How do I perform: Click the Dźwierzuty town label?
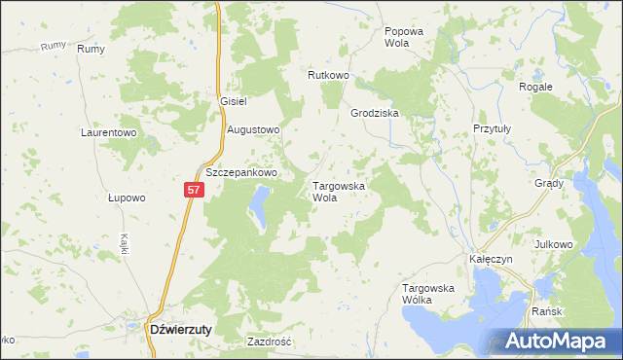click(x=180, y=329)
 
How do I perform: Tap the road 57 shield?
click(x=194, y=190)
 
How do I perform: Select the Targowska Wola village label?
click(x=338, y=191)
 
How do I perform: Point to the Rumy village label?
click(x=91, y=49)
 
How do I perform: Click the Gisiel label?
click(x=236, y=101)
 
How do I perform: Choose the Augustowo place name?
click(x=253, y=129)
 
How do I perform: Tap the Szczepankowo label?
click(x=241, y=172)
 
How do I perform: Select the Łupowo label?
click(x=127, y=198)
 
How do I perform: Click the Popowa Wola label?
click(x=404, y=37)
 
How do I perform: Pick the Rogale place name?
click(x=535, y=87)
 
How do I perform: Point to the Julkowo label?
click(x=555, y=243)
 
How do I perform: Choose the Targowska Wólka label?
click(x=428, y=294)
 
